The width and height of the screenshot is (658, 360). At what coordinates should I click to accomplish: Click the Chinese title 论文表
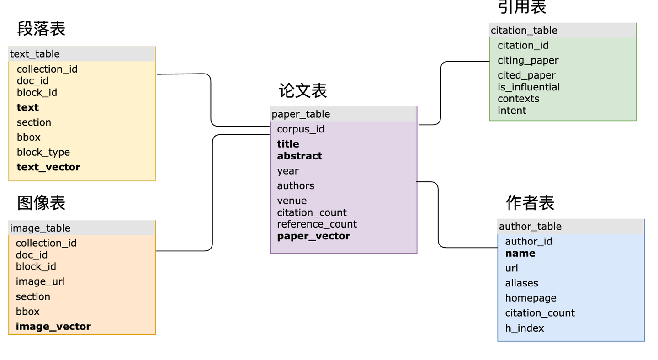[303, 90]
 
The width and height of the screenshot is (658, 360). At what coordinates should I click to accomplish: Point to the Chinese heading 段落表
[41, 28]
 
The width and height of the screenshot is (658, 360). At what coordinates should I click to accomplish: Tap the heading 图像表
[41, 202]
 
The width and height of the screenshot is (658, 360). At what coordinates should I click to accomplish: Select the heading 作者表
[530, 202]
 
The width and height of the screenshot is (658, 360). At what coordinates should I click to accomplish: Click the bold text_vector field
[48, 167]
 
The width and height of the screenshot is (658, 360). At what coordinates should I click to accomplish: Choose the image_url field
[40, 281]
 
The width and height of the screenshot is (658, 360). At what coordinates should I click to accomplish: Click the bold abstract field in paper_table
[299, 156]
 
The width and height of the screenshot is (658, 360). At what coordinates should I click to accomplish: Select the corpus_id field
[300, 129]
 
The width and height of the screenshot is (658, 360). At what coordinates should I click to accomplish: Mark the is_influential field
[529, 87]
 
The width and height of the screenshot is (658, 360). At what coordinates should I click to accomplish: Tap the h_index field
[524, 328]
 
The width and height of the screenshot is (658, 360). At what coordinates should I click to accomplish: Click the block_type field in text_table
[43, 152]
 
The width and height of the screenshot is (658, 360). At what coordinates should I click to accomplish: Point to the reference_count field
[317, 224]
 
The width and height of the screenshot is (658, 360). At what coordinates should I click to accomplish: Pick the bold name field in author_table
[520, 253]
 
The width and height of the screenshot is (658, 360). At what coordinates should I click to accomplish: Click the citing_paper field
[528, 60]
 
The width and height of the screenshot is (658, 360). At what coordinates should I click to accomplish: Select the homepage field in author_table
[531, 298]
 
